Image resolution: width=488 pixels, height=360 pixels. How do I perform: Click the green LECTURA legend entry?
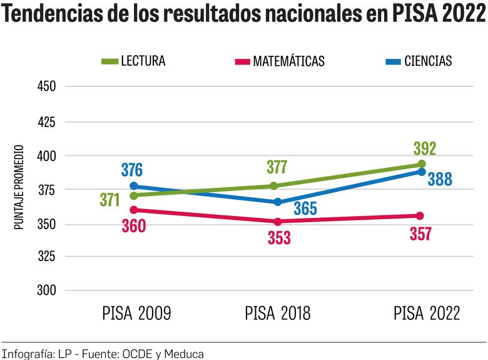click(133, 61)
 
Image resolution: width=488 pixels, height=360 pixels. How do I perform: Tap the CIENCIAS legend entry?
click(419, 61)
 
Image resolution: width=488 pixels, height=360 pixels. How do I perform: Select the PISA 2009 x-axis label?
click(136, 313)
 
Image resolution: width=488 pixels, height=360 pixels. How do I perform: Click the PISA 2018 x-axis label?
click(277, 313)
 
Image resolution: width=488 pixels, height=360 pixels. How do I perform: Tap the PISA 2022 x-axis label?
click(427, 313)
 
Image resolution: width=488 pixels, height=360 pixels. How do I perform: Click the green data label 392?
click(424, 149)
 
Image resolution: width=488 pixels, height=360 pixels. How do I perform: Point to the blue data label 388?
click(439, 180)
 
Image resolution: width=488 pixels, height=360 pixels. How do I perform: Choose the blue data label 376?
click(131, 170)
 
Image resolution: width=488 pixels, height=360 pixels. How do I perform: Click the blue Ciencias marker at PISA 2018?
click(278, 202)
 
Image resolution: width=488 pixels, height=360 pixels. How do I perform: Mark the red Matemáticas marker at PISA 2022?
click(420, 216)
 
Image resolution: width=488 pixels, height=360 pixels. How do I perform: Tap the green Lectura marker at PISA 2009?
click(134, 195)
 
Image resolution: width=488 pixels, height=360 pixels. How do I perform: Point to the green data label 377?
click(276, 167)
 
